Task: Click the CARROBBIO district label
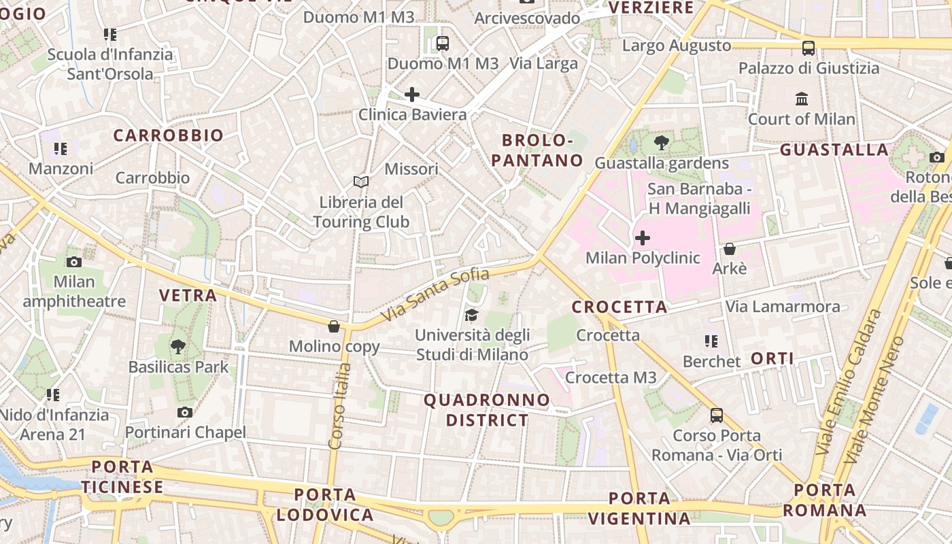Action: point(168,135)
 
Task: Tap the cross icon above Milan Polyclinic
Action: point(642,238)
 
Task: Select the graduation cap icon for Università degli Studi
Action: point(471,315)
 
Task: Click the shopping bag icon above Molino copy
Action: point(334,326)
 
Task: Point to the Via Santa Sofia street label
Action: point(435,295)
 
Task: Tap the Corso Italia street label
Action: point(340,406)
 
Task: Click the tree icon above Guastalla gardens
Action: point(661,143)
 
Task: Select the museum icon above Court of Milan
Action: point(802,99)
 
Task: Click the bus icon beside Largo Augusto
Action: point(808,48)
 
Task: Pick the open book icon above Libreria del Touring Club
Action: point(361,182)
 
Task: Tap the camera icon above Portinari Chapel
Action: point(184,412)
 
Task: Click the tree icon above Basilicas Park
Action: point(178,347)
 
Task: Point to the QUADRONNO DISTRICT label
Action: point(487,410)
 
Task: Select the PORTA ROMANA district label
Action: point(825,500)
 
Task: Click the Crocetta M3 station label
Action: point(611,377)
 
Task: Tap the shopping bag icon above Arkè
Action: point(729,249)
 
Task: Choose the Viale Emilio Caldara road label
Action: point(847,383)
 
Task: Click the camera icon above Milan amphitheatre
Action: point(74,262)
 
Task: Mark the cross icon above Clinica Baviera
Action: point(412,95)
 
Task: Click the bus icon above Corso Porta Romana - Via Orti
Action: point(716,415)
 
